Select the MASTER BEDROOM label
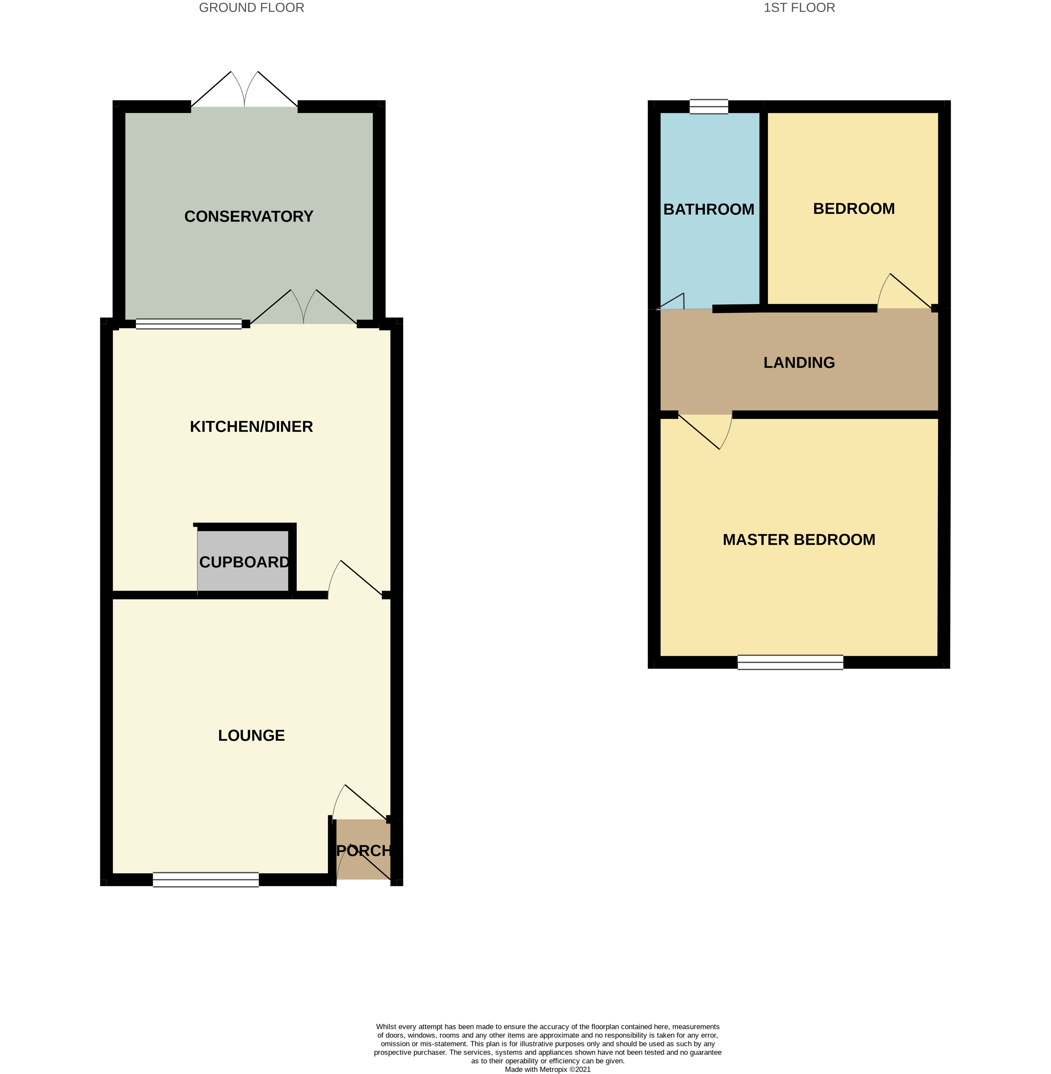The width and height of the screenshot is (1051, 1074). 799,539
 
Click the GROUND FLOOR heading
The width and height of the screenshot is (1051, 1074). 251,8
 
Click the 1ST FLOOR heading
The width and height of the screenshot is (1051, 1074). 799,8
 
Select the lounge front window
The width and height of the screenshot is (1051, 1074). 205,879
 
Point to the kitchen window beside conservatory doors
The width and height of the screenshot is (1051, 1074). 189,324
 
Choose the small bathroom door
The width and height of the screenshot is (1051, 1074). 671,302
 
